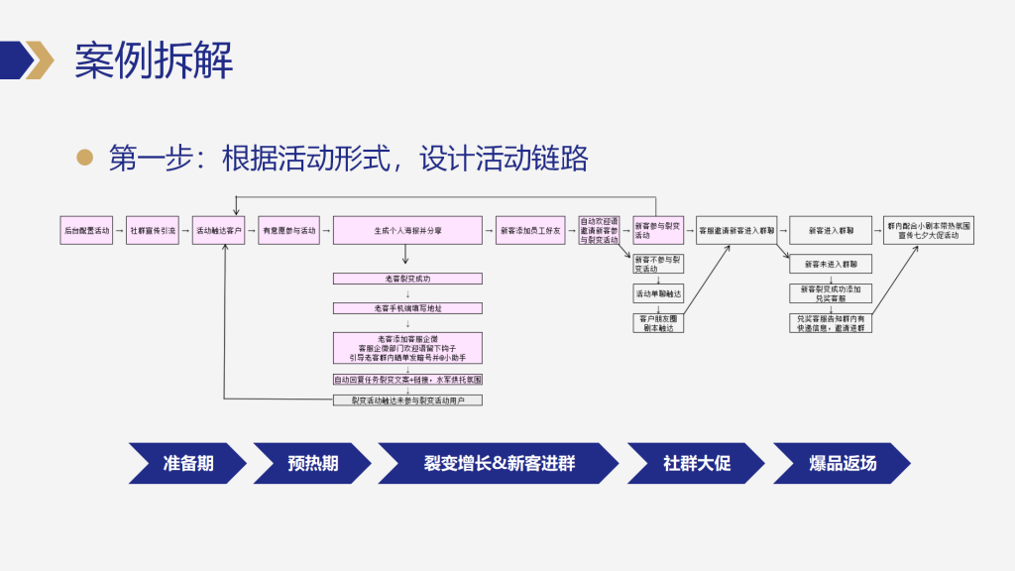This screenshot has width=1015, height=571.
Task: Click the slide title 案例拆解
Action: click(x=154, y=60)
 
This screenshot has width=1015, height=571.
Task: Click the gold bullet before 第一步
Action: click(x=85, y=157)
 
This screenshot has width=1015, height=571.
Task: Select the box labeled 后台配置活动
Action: click(x=86, y=230)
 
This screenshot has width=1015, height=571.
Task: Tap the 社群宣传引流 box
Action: click(x=153, y=230)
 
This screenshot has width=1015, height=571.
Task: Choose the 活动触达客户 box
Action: click(x=219, y=230)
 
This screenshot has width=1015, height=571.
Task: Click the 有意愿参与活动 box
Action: click(x=288, y=230)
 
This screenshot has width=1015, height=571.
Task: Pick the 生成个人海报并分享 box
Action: click(x=407, y=230)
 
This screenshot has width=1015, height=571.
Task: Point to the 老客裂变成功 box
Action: click(x=407, y=279)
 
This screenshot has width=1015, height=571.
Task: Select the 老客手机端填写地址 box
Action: click(x=407, y=308)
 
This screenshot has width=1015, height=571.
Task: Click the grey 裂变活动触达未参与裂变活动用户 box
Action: click(x=407, y=400)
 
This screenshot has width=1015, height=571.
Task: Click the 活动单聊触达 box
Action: click(x=658, y=293)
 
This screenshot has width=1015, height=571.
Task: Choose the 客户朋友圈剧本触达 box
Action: click(x=658, y=322)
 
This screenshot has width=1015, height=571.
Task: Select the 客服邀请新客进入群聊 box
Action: click(x=736, y=230)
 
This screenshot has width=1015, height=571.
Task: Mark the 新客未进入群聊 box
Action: click(x=831, y=265)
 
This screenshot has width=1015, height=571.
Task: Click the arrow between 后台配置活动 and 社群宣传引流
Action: click(x=119, y=230)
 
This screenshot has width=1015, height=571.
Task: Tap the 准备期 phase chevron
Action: click(x=187, y=463)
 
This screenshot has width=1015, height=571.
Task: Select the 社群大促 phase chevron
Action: click(x=696, y=463)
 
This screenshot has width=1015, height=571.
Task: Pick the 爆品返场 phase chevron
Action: click(x=842, y=463)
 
